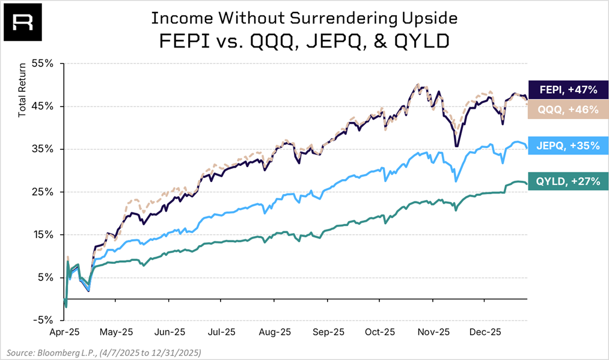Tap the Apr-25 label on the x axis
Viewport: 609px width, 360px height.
pyautogui.click(x=65, y=331)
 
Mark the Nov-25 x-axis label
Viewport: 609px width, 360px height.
pyautogui.click(x=434, y=331)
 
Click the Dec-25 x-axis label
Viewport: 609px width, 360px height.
pyautogui.click(x=486, y=331)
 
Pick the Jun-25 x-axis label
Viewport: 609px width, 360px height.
pyautogui.click(x=170, y=331)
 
